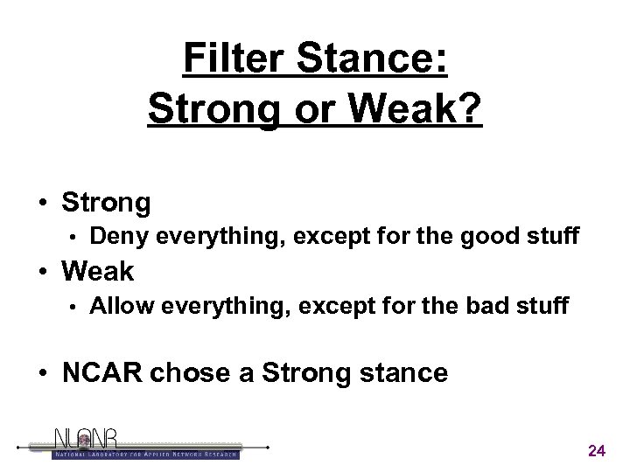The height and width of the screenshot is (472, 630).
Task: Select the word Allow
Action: pyautogui.click(x=121, y=306)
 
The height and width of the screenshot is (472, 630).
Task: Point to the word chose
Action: pyautogui.click(x=185, y=373)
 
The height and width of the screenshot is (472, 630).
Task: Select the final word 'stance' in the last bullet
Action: pyautogui.click(x=403, y=373)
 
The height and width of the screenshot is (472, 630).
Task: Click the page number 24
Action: pyautogui.click(x=597, y=451)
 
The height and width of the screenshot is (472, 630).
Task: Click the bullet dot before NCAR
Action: pyautogui.click(x=43, y=374)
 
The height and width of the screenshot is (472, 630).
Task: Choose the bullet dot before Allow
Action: pyautogui.click(x=75, y=307)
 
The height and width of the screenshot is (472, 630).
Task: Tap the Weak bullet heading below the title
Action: pyautogui.click(x=98, y=271)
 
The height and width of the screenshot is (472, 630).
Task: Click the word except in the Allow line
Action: pyautogui.click(x=324, y=306)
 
